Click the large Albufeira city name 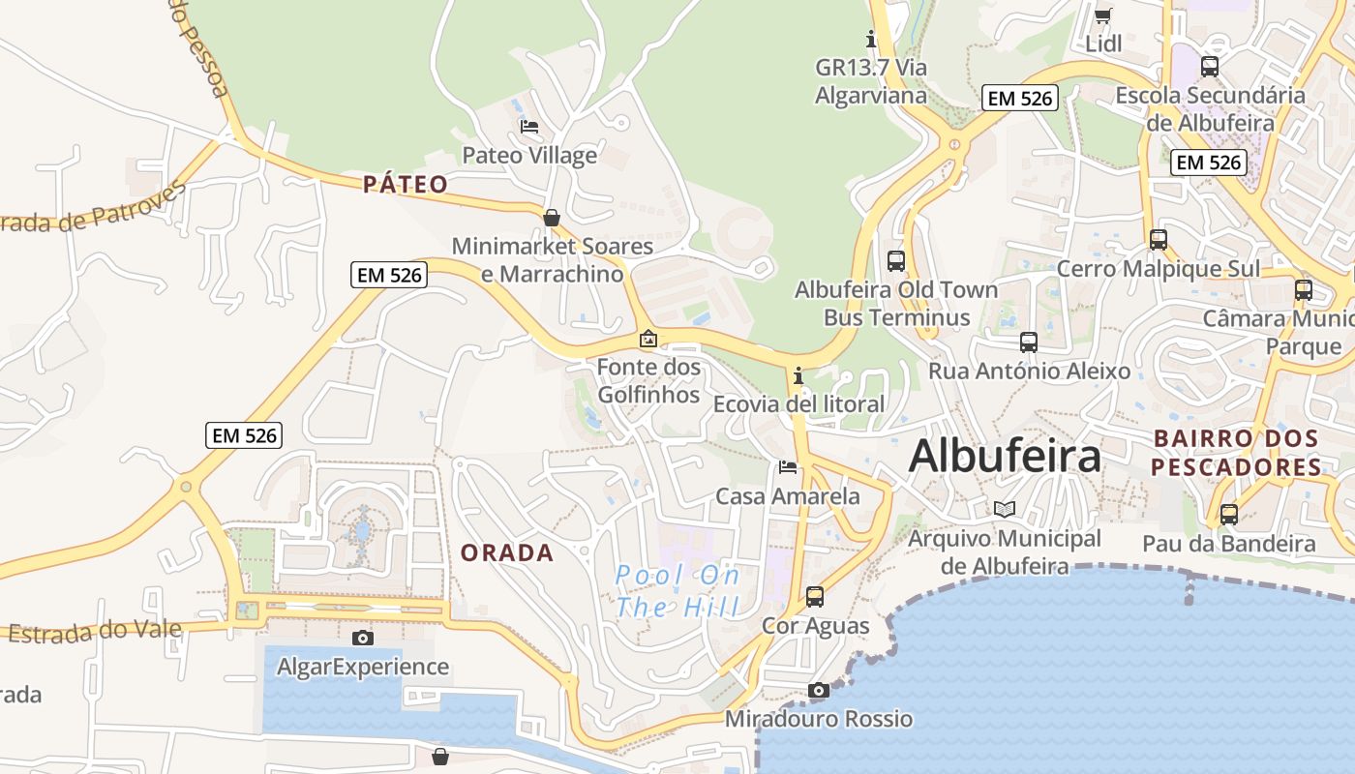tap(1005, 457)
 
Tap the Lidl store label tap(1103, 44)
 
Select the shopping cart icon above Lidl tap(1102, 15)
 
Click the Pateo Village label tap(529, 155)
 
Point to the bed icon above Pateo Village tap(529, 126)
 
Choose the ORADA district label tap(507, 553)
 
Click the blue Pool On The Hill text tap(677, 591)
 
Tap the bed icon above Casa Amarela tap(788, 467)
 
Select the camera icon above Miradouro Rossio tap(819, 690)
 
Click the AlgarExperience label tap(363, 667)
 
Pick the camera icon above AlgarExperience tap(363, 638)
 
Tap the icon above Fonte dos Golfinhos tap(648, 339)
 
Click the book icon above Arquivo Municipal tap(1005, 509)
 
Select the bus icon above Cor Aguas tap(815, 597)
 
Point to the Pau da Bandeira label tap(1229, 544)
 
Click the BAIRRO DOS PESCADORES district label tap(1237, 453)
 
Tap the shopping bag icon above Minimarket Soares tap(552, 218)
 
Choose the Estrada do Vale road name tap(95, 631)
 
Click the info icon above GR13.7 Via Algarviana tap(870, 40)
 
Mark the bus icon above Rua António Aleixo tap(1029, 342)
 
